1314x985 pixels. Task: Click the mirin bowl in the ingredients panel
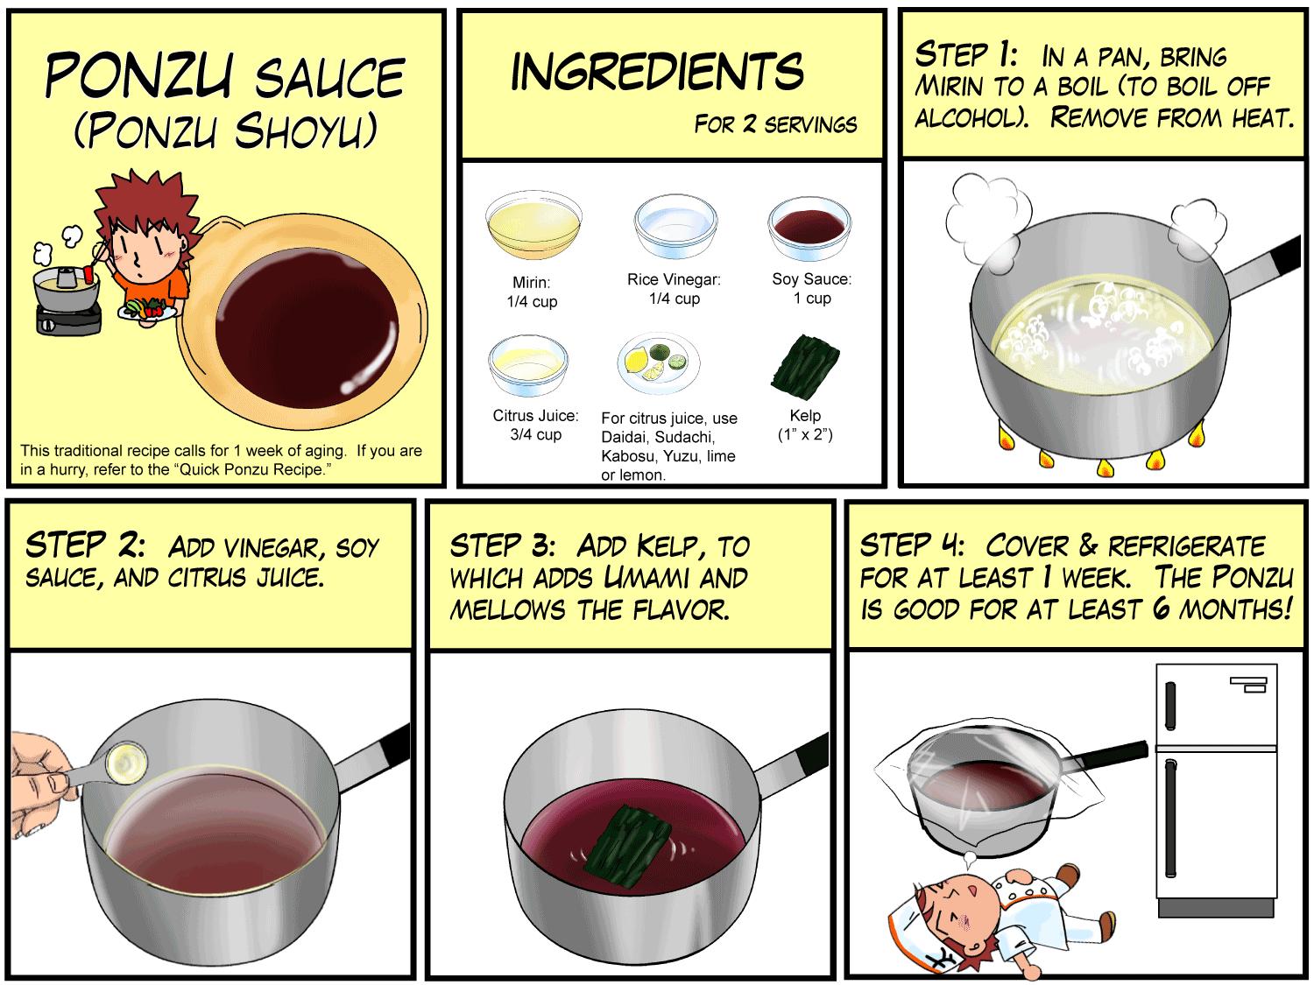coord(533,225)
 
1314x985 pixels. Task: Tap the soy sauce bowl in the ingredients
coord(809,228)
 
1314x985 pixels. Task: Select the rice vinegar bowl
coord(676,226)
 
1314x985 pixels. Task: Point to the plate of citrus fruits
coord(659,362)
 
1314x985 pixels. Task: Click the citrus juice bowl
coord(528,366)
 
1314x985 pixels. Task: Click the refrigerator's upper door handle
coord(1170,706)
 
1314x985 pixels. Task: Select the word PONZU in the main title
coord(139,75)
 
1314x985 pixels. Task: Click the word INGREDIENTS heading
coord(657,72)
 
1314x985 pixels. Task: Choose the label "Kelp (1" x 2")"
coord(805,425)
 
